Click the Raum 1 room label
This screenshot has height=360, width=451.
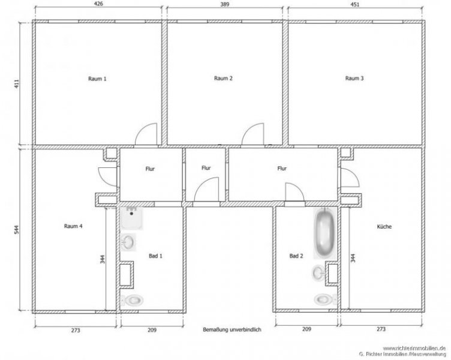click(97, 79)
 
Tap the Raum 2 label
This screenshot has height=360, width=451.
click(223, 79)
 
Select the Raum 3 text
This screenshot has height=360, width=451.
click(354, 79)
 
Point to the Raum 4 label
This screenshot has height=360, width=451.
click(73, 226)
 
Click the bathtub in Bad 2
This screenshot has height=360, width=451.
click(324, 233)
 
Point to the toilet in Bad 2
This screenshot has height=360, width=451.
click(322, 299)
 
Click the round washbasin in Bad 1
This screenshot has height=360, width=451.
click(129, 242)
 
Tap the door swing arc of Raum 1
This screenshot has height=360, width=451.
click(146, 133)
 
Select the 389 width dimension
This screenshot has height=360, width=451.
click(226, 4)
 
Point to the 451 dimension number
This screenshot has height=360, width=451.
click(356, 4)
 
